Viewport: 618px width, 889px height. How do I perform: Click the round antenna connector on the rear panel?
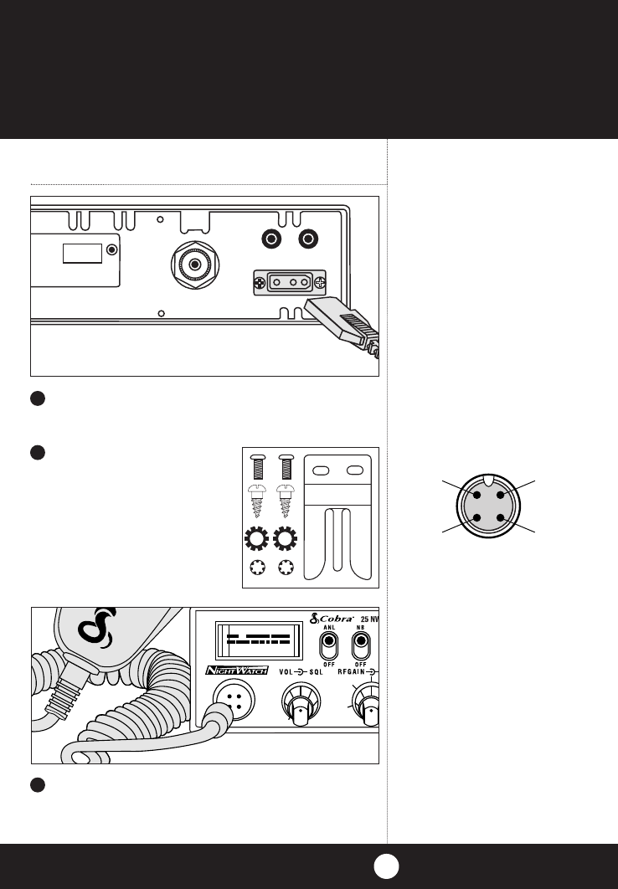[x=194, y=265]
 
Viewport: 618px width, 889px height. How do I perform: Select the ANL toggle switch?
[x=328, y=645]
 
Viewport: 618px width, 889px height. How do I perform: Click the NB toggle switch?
[x=363, y=645]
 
